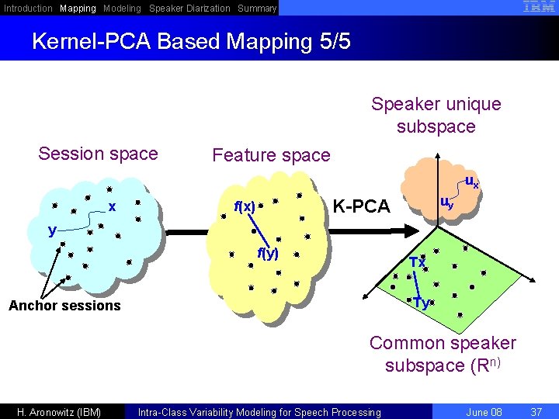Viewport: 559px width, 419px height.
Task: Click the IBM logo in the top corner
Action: [x=539, y=7]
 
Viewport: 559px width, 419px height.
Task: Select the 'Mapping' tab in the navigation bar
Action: [x=78, y=9]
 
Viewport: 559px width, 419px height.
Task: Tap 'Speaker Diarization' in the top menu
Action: [x=189, y=9]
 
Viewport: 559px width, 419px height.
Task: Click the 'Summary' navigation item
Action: [x=257, y=9]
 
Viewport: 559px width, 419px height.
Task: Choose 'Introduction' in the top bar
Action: [x=29, y=9]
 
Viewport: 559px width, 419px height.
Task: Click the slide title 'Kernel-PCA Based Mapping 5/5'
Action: [x=191, y=40]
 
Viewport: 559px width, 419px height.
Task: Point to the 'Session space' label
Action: [x=98, y=154]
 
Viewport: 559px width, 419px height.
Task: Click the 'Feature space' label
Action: [x=271, y=155]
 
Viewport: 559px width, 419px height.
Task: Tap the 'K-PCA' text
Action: [x=361, y=206]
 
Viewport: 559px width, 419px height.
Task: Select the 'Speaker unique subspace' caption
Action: [x=436, y=115]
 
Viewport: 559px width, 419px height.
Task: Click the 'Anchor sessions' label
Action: [x=64, y=306]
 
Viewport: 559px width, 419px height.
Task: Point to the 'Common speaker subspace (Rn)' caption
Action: [x=443, y=354]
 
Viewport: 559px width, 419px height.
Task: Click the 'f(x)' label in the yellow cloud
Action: [x=245, y=207]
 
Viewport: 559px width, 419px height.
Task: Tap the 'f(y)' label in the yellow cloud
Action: [x=268, y=254]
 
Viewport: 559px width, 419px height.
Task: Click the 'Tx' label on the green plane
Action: [x=417, y=262]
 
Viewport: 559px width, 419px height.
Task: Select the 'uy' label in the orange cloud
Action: [x=447, y=203]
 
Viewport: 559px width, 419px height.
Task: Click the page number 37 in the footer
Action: [x=535, y=412]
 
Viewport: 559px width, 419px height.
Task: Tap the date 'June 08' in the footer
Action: [x=485, y=412]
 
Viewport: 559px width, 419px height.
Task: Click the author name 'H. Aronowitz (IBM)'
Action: [x=60, y=412]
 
